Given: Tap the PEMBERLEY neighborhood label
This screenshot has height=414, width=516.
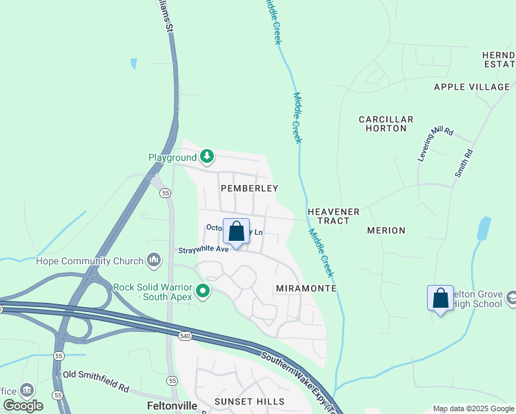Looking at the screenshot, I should pyautogui.click(x=249, y=188).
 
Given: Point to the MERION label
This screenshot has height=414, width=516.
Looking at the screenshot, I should pyautogui.click(x=386, y=230).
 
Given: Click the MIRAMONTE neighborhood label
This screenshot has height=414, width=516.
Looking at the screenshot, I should pyautogui.click(x=305, y=288).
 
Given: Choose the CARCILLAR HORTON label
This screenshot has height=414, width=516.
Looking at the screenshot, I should pyautogui.click(x=386, y=124).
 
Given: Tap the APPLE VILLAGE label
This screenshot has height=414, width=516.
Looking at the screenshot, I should pyautogui.click(x=471, y=87).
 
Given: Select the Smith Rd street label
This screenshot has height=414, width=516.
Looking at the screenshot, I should pyautogui.click(x=464, y=164).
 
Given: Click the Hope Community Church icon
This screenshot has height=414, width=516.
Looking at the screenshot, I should pyautogui.click(x=154, y=261).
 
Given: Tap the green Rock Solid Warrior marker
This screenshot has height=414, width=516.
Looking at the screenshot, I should pyautogui.click(x=202, y=292).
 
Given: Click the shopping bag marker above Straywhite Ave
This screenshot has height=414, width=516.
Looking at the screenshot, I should pyautogui.click(x=236, y=233).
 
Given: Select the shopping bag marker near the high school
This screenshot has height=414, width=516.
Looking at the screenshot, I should pyautogui.click(x=440, y=299).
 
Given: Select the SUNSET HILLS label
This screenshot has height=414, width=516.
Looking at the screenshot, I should pyautogui.click(x=249, y=402).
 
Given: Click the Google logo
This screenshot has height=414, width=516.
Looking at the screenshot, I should pyautogui.click(x=23, y=406).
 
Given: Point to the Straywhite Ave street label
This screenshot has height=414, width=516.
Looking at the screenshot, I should pyautogui.click(x=203, y=250).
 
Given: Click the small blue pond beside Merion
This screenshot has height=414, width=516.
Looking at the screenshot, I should pyautogui.click(x=484, y=228).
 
